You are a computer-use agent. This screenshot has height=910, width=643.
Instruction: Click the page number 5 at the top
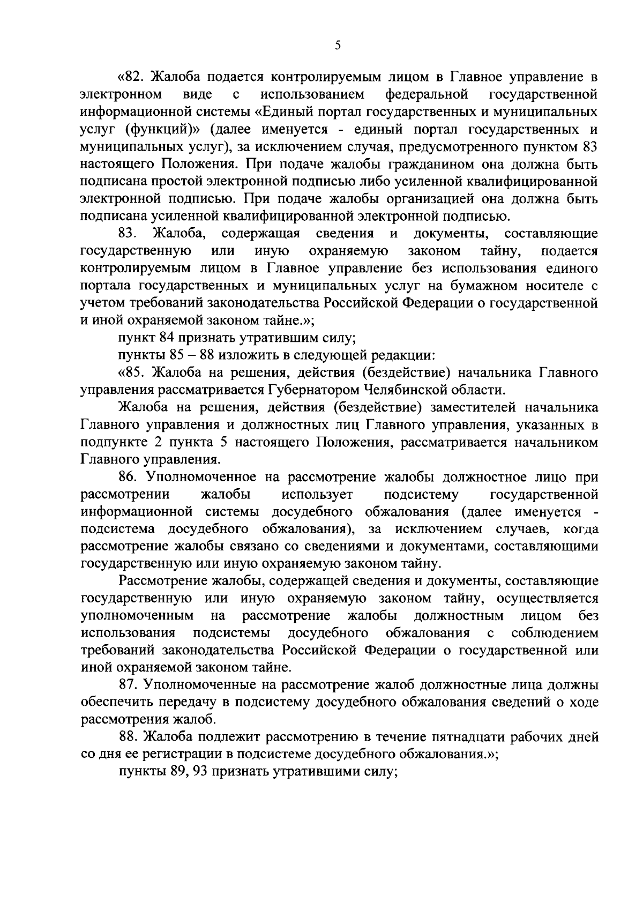(338, 46)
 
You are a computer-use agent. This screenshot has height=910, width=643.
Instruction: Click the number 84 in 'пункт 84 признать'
(166, 338)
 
